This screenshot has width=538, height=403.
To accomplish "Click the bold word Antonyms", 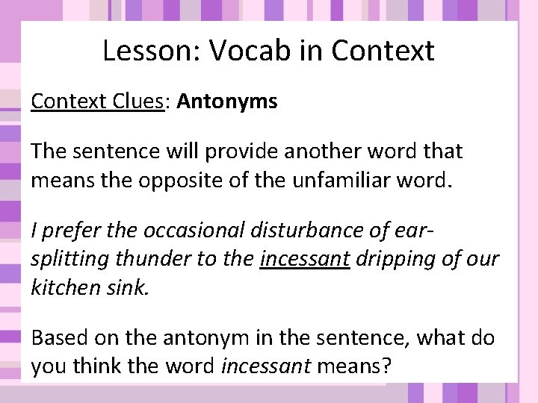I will click(227, 101).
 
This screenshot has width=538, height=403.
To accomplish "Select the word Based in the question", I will click(58, 338).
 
